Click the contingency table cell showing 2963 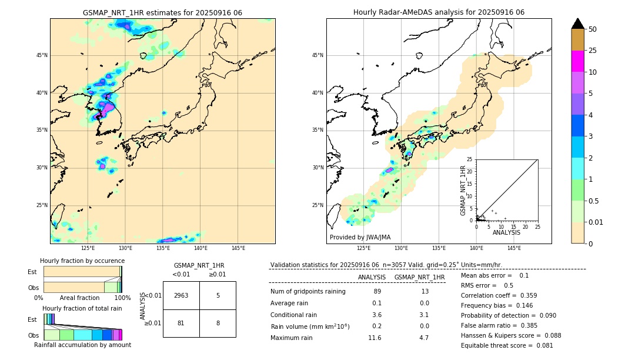click(181, 295)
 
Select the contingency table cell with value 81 click(181, 323)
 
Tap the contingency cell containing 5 click(218, 295)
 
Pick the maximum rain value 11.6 click(375, 338)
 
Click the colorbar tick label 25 click(593, 51)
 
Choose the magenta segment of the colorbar click(578, 61)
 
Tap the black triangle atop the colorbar click(578, 24)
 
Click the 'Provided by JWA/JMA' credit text click(360, 237)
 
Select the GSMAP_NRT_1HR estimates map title click(162, 12)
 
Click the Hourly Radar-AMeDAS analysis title click(439, 12)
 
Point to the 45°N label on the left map click(42, 55)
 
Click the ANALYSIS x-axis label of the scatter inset click(506, 232)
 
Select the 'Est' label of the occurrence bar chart click(32, 272)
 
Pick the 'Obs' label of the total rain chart click(34, 335)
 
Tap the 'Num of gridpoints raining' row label click(308, 291)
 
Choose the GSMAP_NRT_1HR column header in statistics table click(419, 277)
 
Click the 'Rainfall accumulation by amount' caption click(82, 345)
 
